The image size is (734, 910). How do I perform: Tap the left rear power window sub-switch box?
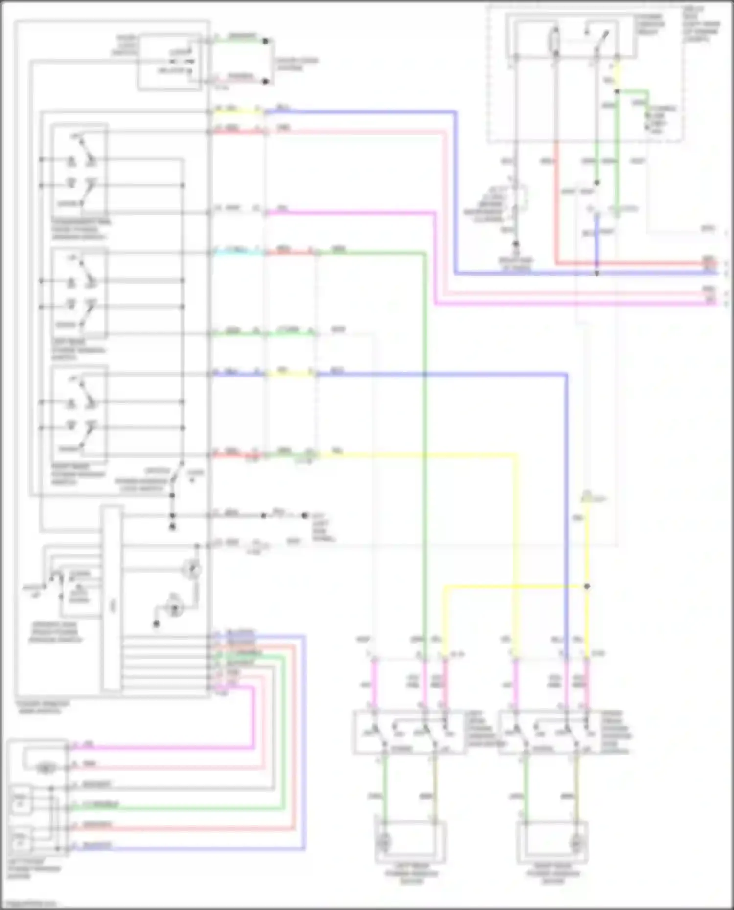point(409,733)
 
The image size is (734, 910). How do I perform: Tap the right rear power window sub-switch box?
point(550,733)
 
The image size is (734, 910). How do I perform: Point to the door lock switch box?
point(169,62)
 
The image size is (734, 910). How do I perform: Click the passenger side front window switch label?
point(81,229)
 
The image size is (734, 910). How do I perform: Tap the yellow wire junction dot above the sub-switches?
point(587,586)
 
